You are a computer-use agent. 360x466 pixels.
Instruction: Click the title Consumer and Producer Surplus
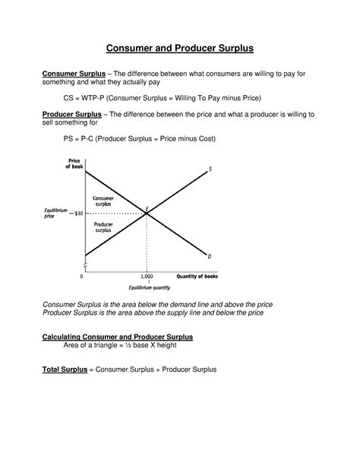coord(179,48)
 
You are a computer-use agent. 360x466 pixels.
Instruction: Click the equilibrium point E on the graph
coord(147,214)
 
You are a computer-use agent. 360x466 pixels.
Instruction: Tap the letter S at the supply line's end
coord(211,170)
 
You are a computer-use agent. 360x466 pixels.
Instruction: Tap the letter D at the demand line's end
coord(210,257)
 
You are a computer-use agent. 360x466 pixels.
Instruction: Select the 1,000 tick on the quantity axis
coord(147,277)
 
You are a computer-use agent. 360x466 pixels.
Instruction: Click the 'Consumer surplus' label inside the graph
coord(103,201)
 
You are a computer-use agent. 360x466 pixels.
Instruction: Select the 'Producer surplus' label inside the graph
coord(103,228)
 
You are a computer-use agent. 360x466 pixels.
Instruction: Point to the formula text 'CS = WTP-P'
coord(89,99)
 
